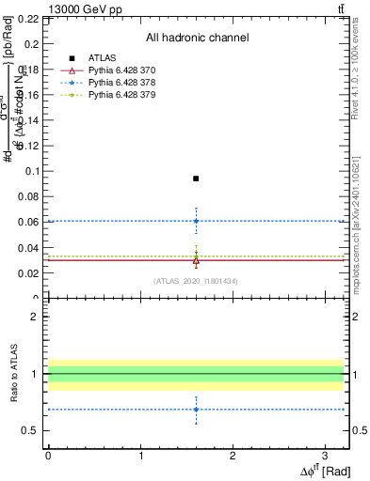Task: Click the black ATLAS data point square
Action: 196,178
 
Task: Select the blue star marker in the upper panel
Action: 196,221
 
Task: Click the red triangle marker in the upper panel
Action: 196,260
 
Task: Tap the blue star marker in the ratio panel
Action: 196,409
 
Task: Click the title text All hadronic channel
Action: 197,38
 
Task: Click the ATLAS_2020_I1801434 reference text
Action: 196,281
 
